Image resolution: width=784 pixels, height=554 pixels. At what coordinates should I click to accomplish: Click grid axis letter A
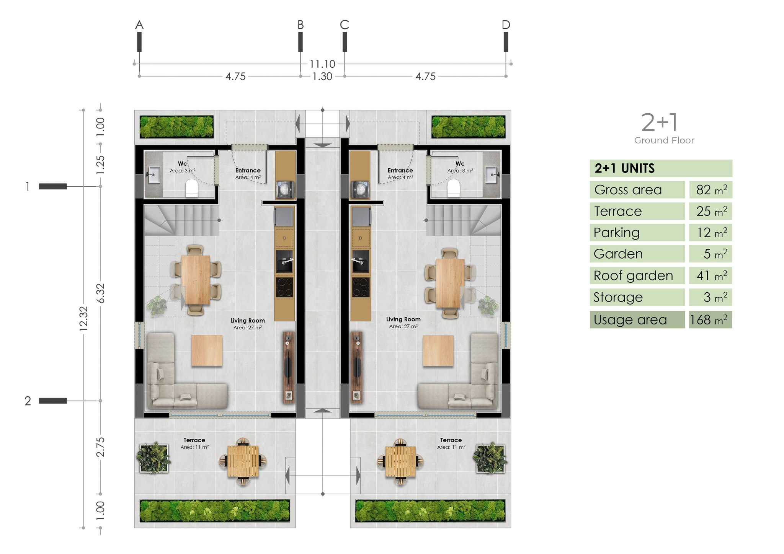tap(139, 25)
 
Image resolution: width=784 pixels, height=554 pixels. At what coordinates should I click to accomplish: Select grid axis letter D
tap(506, 25)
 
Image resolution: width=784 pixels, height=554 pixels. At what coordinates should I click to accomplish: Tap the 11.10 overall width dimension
tap(322, 64)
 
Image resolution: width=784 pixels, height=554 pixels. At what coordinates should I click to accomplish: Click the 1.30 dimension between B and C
tap(322, 76)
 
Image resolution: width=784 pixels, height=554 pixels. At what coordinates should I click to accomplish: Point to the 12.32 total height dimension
tap(83, 318)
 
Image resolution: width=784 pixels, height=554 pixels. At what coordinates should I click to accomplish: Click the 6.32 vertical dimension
tap(100, 293)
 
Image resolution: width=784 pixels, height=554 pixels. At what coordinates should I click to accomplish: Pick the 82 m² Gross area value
tap(711, 190)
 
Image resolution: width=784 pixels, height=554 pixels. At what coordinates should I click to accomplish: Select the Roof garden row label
tap(633, 275)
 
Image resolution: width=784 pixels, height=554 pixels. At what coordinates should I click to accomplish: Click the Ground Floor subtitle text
tap(664, 140)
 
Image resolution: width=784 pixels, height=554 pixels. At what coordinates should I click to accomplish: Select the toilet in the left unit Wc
tap(191, 188)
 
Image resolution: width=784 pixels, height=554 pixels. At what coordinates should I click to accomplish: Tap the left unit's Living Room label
tap(247, 321)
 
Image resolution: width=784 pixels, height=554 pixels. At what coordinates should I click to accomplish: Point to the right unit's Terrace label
tap(451, 440)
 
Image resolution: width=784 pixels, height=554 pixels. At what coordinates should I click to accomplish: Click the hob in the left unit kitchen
tap(284, 287)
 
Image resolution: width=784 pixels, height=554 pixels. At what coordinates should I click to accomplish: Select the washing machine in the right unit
tap(360, 189)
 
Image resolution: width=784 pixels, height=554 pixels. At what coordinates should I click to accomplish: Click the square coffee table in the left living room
tap(207, 350)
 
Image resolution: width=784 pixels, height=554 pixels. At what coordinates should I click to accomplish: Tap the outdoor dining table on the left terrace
tap(243, 461)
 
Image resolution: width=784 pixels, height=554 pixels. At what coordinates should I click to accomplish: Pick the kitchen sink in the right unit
tap(360, 261)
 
